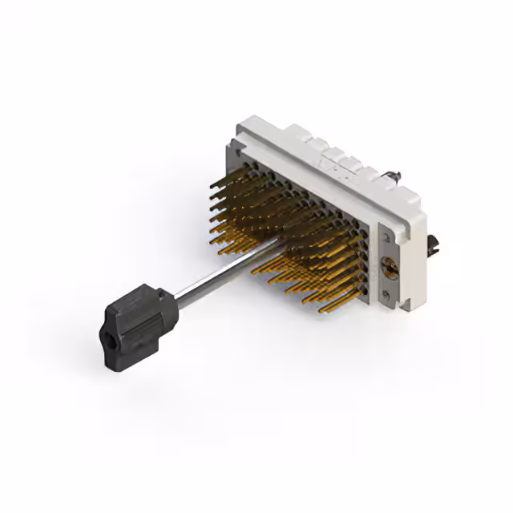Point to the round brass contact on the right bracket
[x=390, y=269]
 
